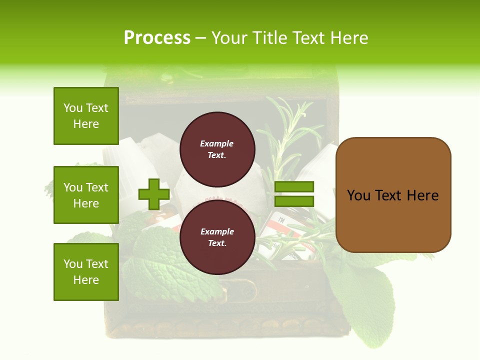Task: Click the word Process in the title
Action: (x=157, y=38)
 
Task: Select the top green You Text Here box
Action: (x=86, y=116)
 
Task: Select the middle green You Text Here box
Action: (x=86, y=195)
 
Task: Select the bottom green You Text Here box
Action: (x=86, y=272)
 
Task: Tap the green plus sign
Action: (x=154, y=194)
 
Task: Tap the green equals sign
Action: (x=294, y=194)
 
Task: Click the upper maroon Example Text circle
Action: (x=217, y=149)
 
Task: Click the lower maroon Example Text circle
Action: (x=217, y=237)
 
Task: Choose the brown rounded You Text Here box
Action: (x=393, y=195)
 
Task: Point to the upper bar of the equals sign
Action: (x=294, y=186)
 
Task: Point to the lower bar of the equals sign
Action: (x=294, y=201)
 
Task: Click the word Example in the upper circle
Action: (x=217, y=143)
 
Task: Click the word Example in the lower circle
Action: (x=217, y=231)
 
